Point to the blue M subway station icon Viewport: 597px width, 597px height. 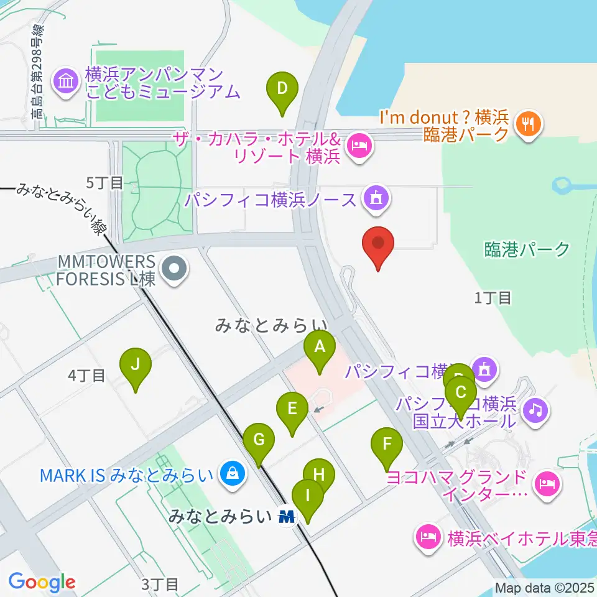pos(287,516)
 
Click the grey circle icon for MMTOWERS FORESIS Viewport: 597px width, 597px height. pos(174,270)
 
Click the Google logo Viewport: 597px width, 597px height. pos(42,582)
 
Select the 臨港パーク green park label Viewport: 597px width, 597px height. pos(527,250)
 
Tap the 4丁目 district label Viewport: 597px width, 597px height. pos(86,375)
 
